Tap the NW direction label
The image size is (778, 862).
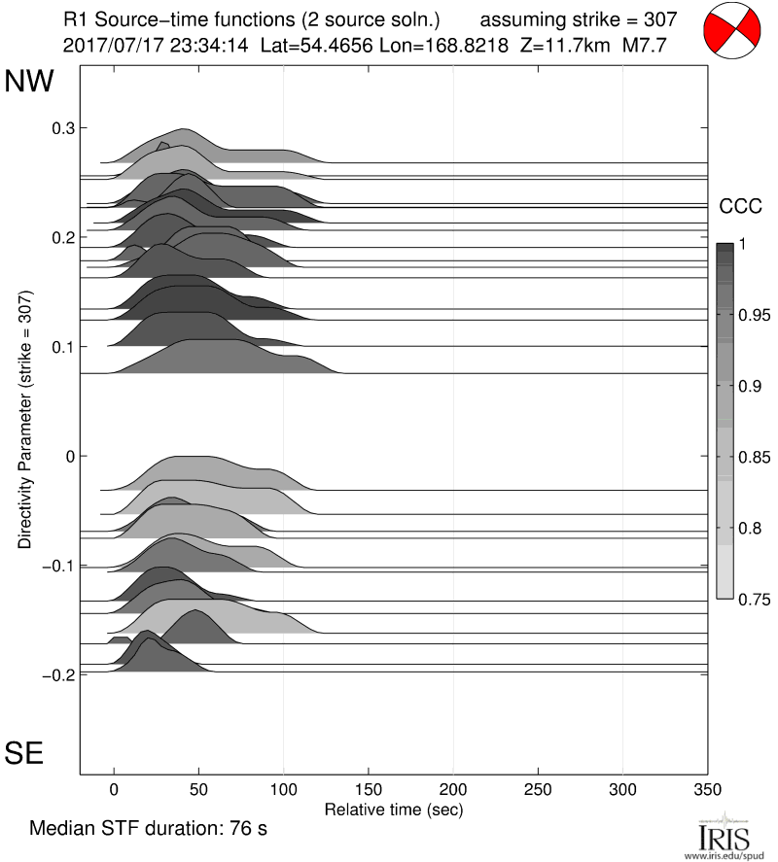pos(30,83)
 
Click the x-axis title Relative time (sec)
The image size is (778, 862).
pos(393,809)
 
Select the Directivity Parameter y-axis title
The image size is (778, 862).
pos(27,419)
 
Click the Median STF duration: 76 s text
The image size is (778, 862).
pos(148,830)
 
